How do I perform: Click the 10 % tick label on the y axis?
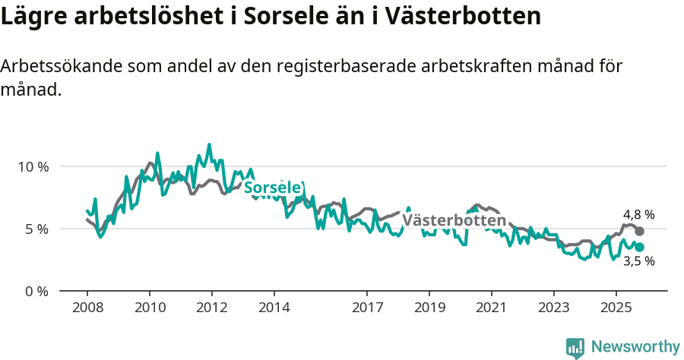pos(32,166)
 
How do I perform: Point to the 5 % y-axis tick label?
pos(35,229)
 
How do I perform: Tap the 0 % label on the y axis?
pos(35,291)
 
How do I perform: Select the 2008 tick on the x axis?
pos(87,308)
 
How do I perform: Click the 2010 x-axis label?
pos(150,308)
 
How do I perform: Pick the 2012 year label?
pos(212,308)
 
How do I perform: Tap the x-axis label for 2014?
pos(274,308)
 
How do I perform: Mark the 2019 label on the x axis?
pos(429,308)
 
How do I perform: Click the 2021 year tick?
pos(492,308)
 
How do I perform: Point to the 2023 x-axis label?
pos(554,308)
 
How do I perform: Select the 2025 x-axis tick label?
pos(616,308)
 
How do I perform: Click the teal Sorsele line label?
pos(274,188)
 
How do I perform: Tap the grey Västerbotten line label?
pos(454,220)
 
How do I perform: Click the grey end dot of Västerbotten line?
pos(640,231)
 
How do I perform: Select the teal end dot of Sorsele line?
pos(640,247)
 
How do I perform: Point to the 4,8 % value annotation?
pos(638,214)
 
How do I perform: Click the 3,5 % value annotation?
pos(638,261)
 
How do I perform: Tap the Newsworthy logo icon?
pos(575,347)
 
